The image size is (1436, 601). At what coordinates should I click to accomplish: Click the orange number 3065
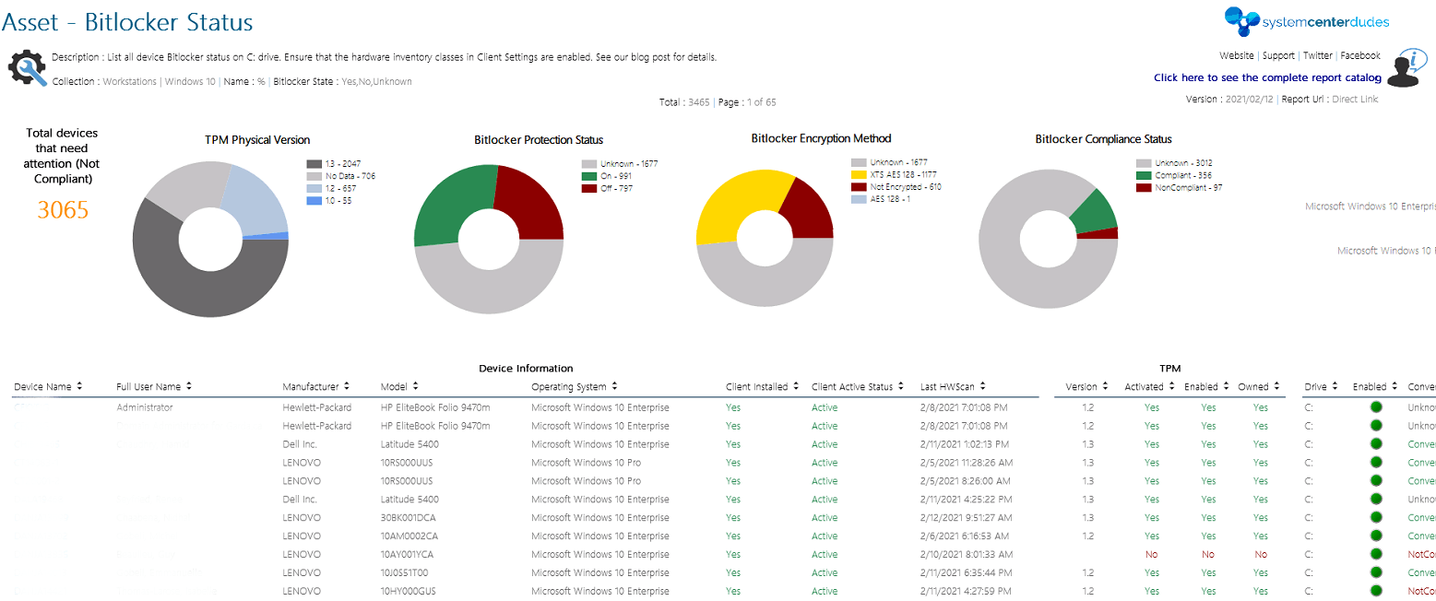point(63,210)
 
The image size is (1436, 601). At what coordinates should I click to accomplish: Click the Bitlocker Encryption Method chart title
point(821,139)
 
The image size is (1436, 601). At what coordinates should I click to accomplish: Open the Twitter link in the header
point(1318,56)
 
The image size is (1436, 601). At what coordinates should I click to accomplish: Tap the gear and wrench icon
point(27,68)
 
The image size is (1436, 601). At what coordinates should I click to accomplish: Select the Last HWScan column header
point(948,387)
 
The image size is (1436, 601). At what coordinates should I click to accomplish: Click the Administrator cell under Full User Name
point(144,407)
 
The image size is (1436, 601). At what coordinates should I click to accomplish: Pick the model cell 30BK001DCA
point(409,518)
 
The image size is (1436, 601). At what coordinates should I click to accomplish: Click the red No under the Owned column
point(1261,555)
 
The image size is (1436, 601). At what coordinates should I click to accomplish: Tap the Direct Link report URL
point(1356,100)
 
